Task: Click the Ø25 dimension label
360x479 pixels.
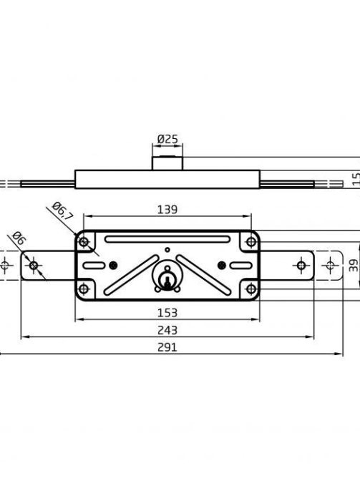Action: [167, 140]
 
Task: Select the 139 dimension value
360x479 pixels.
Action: [167, 210]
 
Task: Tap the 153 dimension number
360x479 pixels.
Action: [167, 313]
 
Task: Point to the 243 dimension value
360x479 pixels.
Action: [167, 330]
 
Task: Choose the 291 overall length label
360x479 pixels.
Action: [167, 347]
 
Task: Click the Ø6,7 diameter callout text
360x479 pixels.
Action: [63, 211]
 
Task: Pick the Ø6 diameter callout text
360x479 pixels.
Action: [19, 238]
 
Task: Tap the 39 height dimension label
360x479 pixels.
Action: [354, 266]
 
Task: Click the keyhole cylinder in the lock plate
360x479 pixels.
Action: [167, 279]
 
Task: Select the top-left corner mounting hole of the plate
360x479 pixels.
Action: [84, 242]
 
